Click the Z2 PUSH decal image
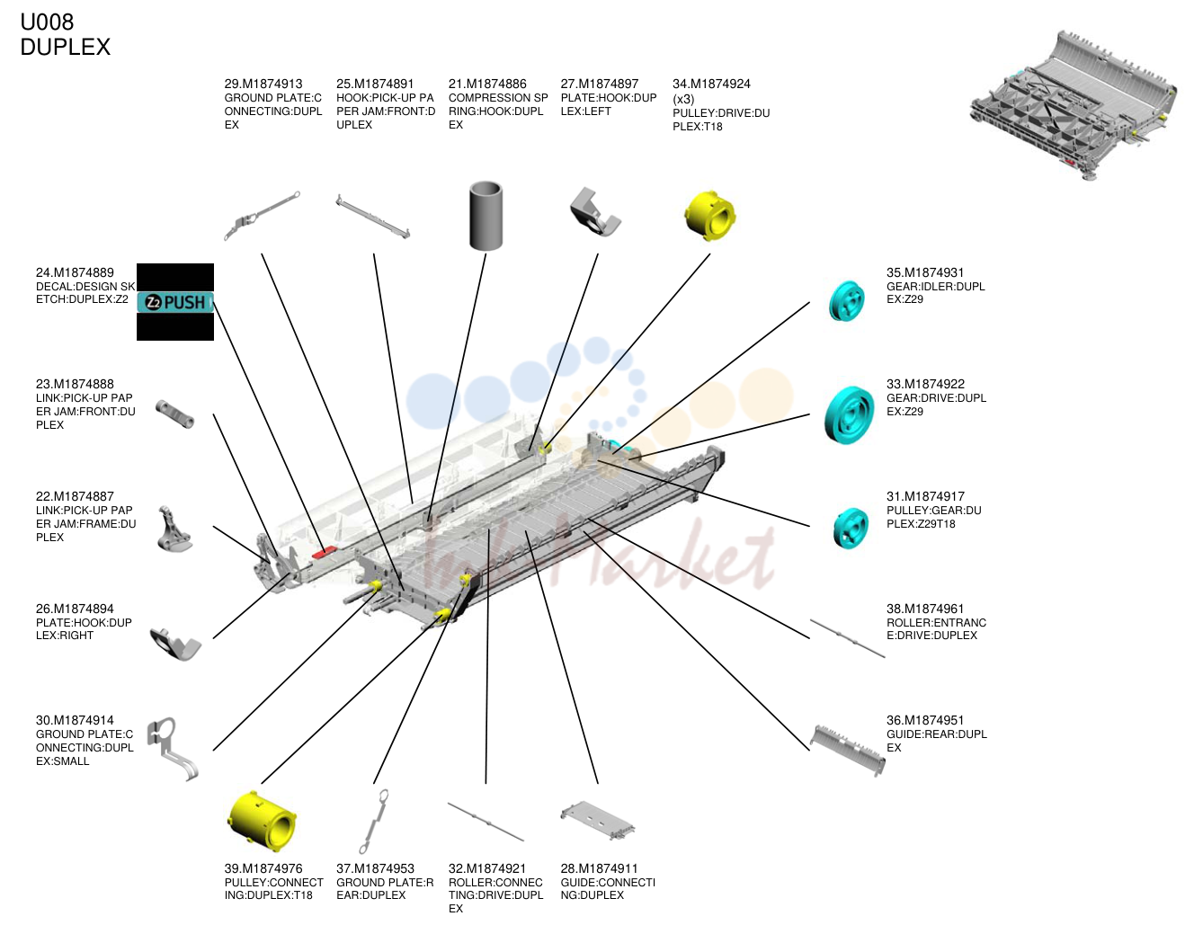coord(175,302)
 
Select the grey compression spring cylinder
coord(486,215)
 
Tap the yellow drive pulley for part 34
coord(709,216)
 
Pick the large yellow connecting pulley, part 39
coord(263,822)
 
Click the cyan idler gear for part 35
coord(846,301)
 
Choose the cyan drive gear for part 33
coord(849,414)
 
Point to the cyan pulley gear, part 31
coord(851,528)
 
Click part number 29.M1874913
coord(263,84)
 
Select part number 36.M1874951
coord(925,720)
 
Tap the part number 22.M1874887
coord(75,496)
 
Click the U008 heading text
coord(47,22)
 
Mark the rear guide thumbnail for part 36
coord(848,751)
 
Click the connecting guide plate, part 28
coord(597,821)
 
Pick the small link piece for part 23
coord(175,414)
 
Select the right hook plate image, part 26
coord(175,644)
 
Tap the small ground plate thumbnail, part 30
coord(173,749)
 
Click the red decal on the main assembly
coord(324,552)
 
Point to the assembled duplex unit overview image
coord(1073,106)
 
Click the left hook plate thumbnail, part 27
coord(595,212)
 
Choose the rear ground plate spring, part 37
coord(374,822)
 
